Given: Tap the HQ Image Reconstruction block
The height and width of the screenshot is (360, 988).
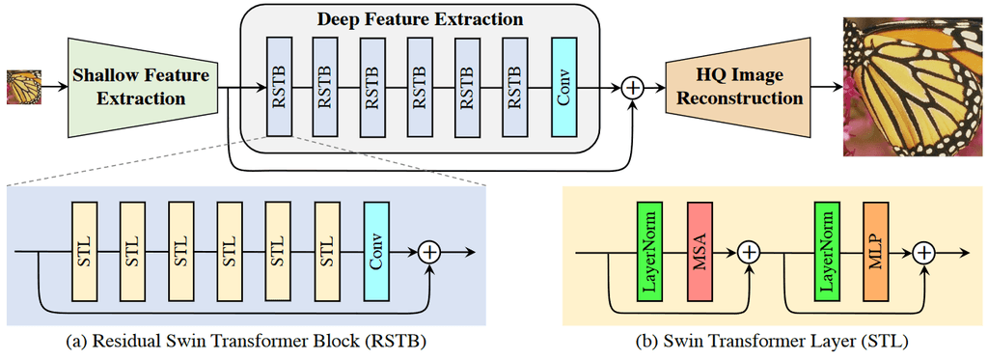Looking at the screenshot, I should pos(735,87).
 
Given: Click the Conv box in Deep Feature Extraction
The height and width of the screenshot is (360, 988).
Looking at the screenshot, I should pos(564,87).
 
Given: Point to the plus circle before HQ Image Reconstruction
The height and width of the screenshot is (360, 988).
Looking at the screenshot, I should pos(634,88).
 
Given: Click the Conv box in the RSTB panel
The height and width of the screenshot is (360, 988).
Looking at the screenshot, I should pos(376,251).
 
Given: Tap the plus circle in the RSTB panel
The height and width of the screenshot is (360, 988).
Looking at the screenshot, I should pos(429,252).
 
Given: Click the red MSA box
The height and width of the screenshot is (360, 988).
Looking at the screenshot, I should pos(701,251).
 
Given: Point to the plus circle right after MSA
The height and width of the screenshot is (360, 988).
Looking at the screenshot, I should pos(750,252).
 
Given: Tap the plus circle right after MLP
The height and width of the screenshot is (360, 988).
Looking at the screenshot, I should pos(925,252).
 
